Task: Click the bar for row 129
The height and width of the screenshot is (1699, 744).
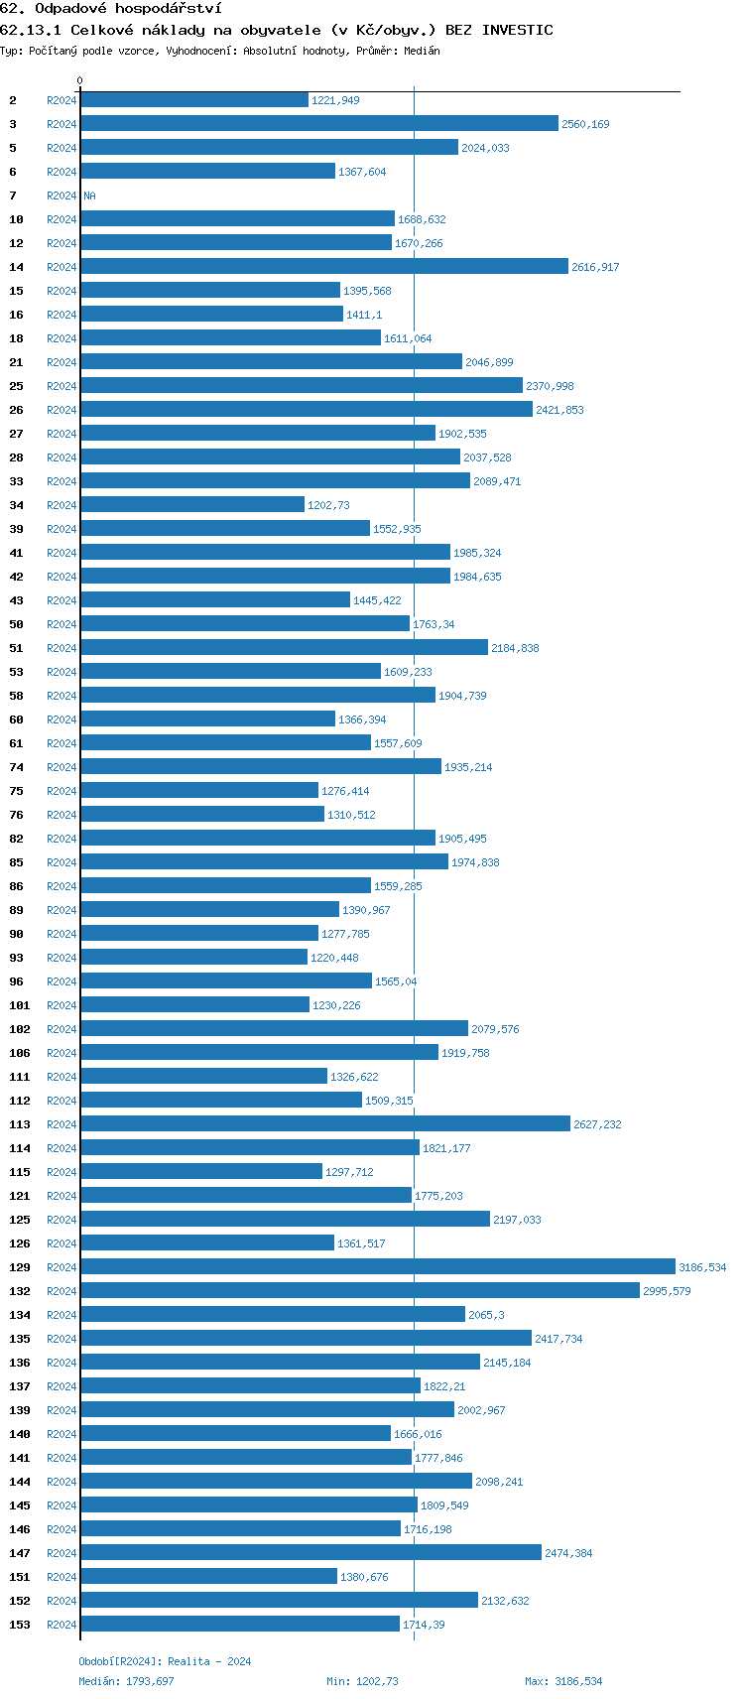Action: point(377,1266)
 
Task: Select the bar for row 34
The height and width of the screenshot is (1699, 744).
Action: point(192,504)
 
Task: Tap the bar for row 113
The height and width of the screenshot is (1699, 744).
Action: point(325,1123)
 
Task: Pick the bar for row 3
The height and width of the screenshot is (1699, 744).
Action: point(319,123)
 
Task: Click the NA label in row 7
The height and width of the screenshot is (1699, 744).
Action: point(89,196)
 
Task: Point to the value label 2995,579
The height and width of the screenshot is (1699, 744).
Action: point(667,1291)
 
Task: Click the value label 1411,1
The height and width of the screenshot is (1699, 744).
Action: point(364,315)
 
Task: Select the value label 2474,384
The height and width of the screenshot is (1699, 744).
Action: point(568,1553)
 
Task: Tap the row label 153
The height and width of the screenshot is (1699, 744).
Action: point(20,1625)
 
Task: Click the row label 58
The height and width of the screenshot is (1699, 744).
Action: point(17,696)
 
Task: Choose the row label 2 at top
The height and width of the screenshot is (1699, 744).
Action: point(13,100)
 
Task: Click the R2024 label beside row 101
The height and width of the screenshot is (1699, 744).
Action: point(62,1005)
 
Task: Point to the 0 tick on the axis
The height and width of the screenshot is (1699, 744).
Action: point(80,80)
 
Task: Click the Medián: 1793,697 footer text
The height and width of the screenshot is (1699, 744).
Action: point(126,1681)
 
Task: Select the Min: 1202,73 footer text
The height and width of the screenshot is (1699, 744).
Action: point(362,1681)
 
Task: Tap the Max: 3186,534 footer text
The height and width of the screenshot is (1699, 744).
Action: point(563,1681)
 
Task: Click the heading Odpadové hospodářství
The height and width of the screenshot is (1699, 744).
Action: point(128,8)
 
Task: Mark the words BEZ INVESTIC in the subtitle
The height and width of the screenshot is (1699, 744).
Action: point(499,30)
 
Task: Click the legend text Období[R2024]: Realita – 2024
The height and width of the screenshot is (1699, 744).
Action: point(165,1661)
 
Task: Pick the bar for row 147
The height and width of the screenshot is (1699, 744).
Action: point(310,1552)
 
